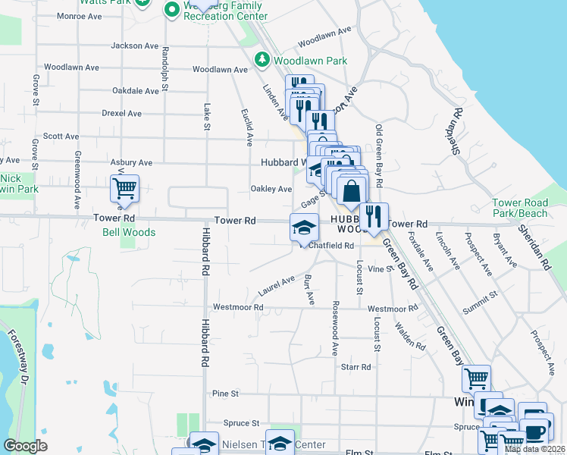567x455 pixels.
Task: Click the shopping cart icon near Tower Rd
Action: coord(124,187)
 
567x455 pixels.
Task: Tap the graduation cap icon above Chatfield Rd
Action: coord(304,227)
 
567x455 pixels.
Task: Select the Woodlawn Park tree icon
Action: coord(262,59)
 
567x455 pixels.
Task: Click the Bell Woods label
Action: coord(129,233)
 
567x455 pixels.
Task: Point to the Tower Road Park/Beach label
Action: coord(519,209)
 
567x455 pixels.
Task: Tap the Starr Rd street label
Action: coord(356,367)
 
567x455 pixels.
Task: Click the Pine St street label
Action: coord(226,394)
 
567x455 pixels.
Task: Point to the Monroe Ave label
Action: coord(80,15)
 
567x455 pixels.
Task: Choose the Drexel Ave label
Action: coord(121,113)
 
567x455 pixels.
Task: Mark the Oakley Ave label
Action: coord(271,189)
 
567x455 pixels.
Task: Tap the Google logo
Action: coord(25,446)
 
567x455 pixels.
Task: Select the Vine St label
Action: coord(377,269)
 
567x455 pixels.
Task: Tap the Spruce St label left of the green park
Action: coord(241,422)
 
